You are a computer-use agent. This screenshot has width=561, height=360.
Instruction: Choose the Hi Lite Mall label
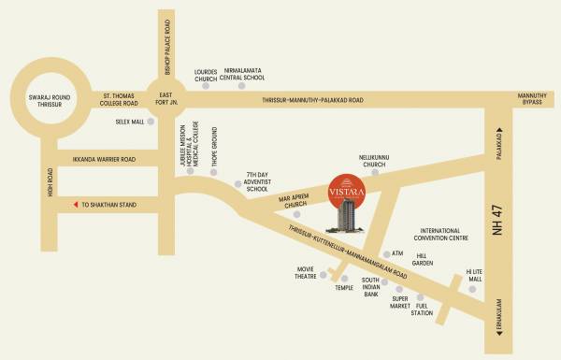(474, 274)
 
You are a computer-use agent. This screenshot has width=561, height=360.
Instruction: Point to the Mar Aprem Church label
(293, 202)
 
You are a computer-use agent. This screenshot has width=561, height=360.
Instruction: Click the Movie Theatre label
(309, 273)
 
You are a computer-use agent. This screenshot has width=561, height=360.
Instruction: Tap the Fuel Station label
(428, 309)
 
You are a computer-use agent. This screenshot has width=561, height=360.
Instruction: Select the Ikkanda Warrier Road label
(104, 159)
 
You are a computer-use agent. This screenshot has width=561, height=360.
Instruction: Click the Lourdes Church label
(206, 76)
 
